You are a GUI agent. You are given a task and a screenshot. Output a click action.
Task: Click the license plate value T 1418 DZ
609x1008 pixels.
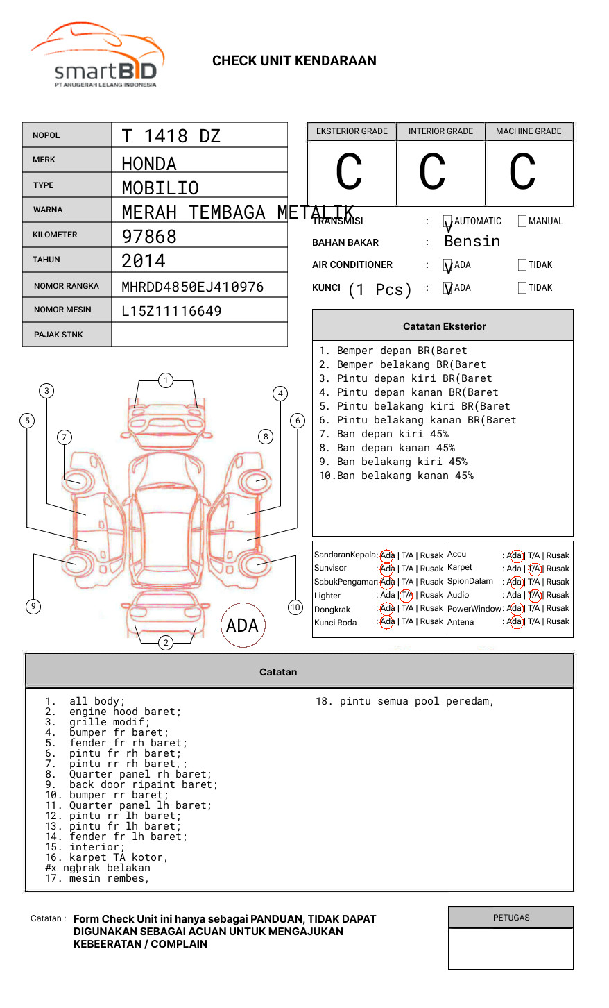pyautogui.click(x=171, y=136)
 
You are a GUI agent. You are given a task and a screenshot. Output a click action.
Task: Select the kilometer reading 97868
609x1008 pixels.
pyautogui.click(x=149, y=237)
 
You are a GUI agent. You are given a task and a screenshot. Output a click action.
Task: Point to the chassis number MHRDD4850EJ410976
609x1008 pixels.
pyautogui.click(x=192, y=287)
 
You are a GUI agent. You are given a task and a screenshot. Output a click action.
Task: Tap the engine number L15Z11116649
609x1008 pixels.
pyautogui.click(x=171, y=311)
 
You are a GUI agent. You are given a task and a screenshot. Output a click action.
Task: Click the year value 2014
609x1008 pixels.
pyautogui.click(x=144, y=262)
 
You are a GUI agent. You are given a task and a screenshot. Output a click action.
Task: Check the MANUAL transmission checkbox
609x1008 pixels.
pyautogui.click(x=522, y=221)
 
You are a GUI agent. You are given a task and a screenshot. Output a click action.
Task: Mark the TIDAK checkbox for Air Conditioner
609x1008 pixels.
pyautogui.click(x=522, y=265)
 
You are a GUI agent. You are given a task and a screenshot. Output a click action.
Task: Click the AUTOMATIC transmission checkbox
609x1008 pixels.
pyautogui.click(x=448, y=221)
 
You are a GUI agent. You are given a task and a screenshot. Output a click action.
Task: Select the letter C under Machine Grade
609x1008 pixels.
pyautogui.click(x=522, y=172)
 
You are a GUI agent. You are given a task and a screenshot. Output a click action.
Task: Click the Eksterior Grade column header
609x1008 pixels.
pyautogui.click(x=352, y=131)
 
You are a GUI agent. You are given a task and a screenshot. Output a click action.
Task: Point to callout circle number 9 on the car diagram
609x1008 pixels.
pyautogui.click(x=33, y=606)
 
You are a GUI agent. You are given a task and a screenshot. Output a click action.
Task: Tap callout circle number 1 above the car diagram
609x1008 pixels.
pyautogui.click(x=165, y=380)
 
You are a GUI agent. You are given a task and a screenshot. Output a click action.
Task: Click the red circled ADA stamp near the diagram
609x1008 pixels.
pyautogui.click(x=243, y=625)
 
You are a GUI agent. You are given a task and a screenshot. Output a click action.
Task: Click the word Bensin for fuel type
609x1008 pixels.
pyautogui.click(x=472, y=242)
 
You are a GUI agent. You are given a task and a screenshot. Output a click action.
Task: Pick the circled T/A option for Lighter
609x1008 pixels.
pyautogui.click(x=406, y=595)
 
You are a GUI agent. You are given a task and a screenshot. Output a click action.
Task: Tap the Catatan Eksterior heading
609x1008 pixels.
pyautogui.click(x=444, y=326)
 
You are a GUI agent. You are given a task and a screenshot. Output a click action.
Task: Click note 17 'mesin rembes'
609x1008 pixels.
pyautogui.click(x=108, y=878)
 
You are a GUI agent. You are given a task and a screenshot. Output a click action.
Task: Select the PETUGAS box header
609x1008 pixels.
pyautogui.click(x=511, y=918)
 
